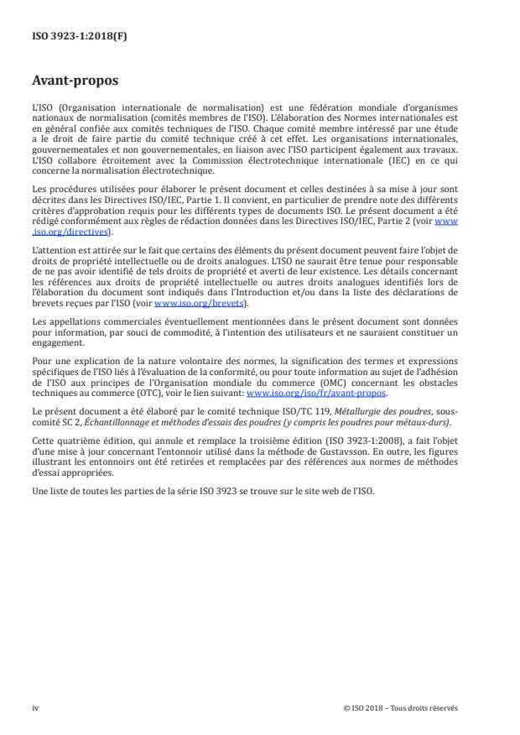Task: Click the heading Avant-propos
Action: tap(75, 82)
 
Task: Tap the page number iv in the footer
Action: tap(35, 708)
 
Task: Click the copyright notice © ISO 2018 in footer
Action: tap(401, 708)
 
